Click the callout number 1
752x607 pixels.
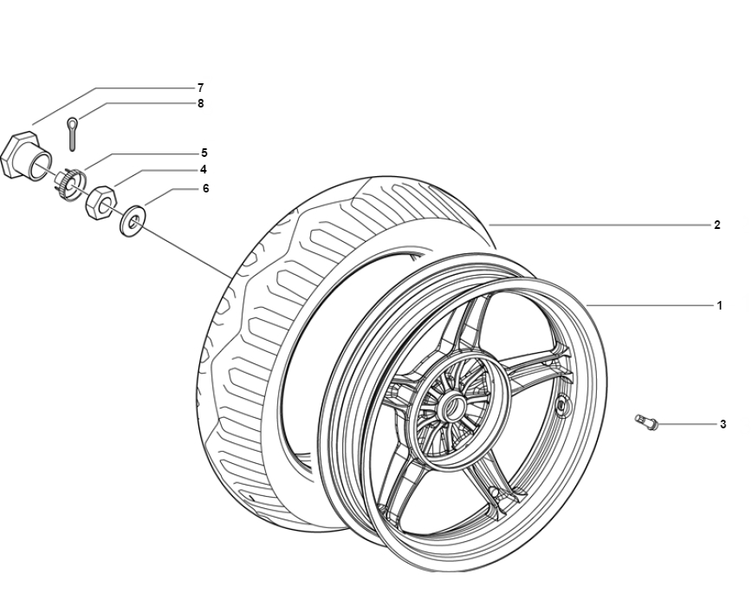719,305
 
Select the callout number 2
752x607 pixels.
717,225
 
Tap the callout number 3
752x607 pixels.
723,424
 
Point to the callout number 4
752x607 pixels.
204,169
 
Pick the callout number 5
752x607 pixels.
204,153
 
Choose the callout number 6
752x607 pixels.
205,188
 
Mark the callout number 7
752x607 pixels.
200,88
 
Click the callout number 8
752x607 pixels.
200,103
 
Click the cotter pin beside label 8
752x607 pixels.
72,134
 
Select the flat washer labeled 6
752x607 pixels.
133,221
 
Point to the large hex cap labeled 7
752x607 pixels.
25,155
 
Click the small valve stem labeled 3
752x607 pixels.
646,421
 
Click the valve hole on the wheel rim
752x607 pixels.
561,406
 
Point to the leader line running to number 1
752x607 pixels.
649,305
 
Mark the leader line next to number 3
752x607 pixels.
686,424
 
